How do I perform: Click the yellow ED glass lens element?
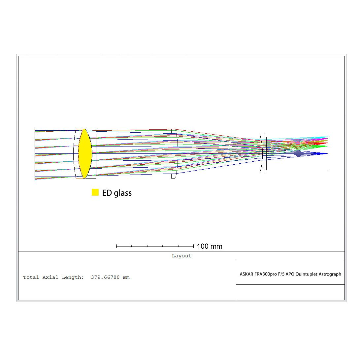tap(85, 153)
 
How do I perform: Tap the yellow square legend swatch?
tap(95, 192)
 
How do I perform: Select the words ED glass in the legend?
tap(117, 193)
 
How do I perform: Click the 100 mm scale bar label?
tap(210, 246)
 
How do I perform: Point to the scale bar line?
tap(155, 246)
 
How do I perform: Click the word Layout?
tap(181, 256)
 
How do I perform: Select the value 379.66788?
tap(105, 278)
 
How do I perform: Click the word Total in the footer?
tap(31, 278)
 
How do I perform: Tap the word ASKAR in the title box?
tap(246, 274)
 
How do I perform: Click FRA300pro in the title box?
tap(265, 274)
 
